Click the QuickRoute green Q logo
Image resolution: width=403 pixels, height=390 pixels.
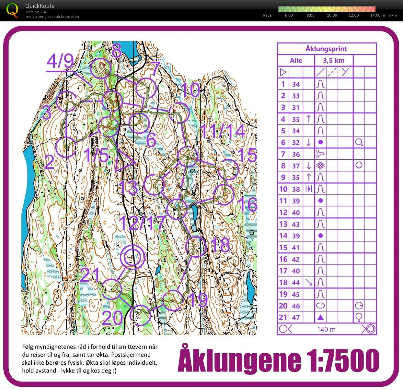pos(12,10)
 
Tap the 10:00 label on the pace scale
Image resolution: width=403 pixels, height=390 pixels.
pos(332,15)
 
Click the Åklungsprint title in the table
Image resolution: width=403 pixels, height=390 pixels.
pos(326,49)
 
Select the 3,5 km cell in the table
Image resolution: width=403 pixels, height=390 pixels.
pos(334,60)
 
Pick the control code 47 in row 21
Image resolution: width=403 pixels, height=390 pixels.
pos(296,318)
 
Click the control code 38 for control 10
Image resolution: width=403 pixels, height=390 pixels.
pos(296,189)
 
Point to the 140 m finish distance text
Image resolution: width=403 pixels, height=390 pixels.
pos(326,329)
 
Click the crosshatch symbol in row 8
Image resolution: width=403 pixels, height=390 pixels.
pos(320,166)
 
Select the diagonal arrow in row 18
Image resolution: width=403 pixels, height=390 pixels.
pos(309,283)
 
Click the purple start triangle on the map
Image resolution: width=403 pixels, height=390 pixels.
pos(124,161)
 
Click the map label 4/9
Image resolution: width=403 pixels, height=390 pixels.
pos(60,61)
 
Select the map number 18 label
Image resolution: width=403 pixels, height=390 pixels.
pos(220,245)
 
